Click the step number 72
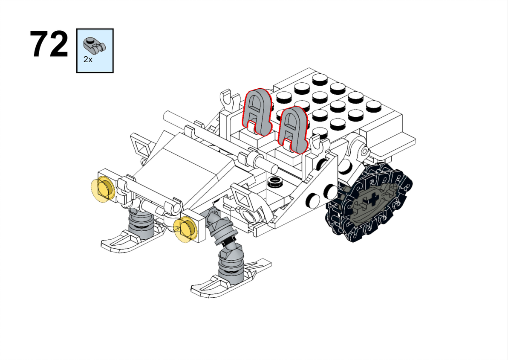pos(49,44)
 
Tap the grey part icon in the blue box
pos(95,46)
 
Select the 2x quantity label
pos(88,59)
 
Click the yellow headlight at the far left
pos(103,189)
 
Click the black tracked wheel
pos(369,202)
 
